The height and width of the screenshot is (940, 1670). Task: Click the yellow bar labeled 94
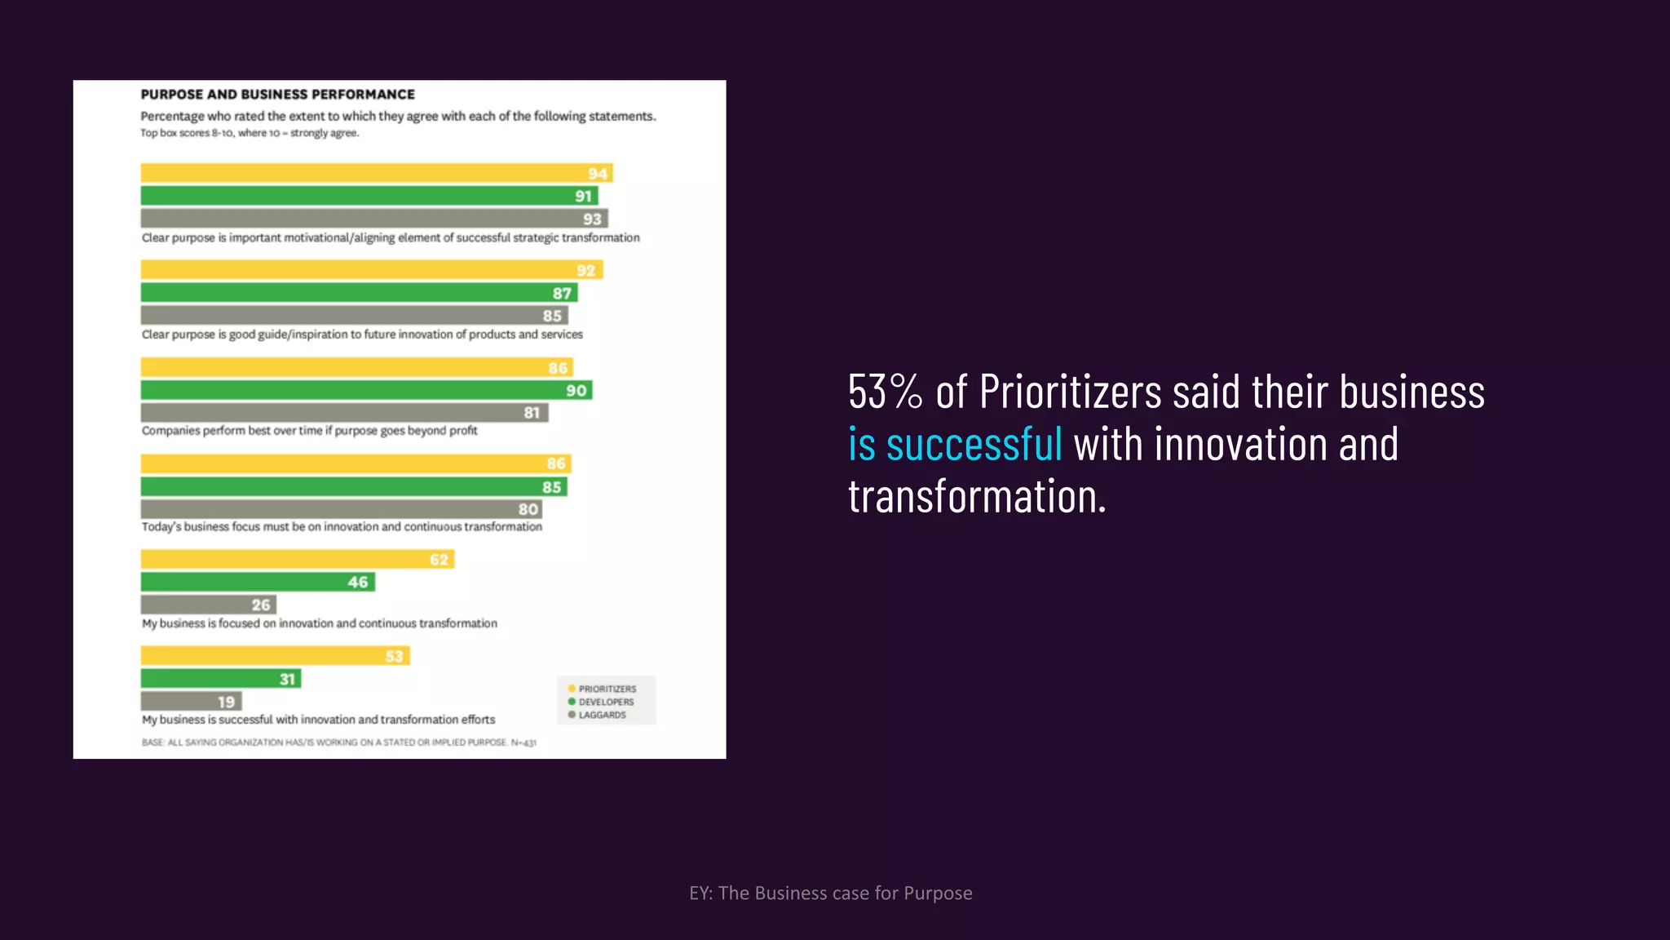coord(376,173)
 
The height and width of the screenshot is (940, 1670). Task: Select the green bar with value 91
coord(369,196)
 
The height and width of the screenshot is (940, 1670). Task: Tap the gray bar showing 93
coord(373,219)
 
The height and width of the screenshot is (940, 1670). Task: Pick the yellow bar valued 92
coord(371,270)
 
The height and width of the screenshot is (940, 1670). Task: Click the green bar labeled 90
coord(366,390)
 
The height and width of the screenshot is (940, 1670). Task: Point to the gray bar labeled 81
coord(344,413)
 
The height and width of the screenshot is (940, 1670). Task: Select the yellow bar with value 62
coord(297,560)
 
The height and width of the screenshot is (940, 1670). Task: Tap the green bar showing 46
coord(258,582)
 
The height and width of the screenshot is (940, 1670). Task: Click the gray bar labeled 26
coord(208,605)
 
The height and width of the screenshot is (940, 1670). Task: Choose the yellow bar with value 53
coord(275,656)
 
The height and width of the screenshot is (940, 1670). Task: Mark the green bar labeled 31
coord(220,679)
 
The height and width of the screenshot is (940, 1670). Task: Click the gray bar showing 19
coord(191,702)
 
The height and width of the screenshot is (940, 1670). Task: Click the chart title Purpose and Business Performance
coord(277,95)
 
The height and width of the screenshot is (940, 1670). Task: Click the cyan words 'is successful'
coord(955,445)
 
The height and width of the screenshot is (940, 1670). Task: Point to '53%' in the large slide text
coord(885,392)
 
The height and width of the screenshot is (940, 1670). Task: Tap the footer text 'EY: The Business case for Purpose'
coord(830,893)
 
